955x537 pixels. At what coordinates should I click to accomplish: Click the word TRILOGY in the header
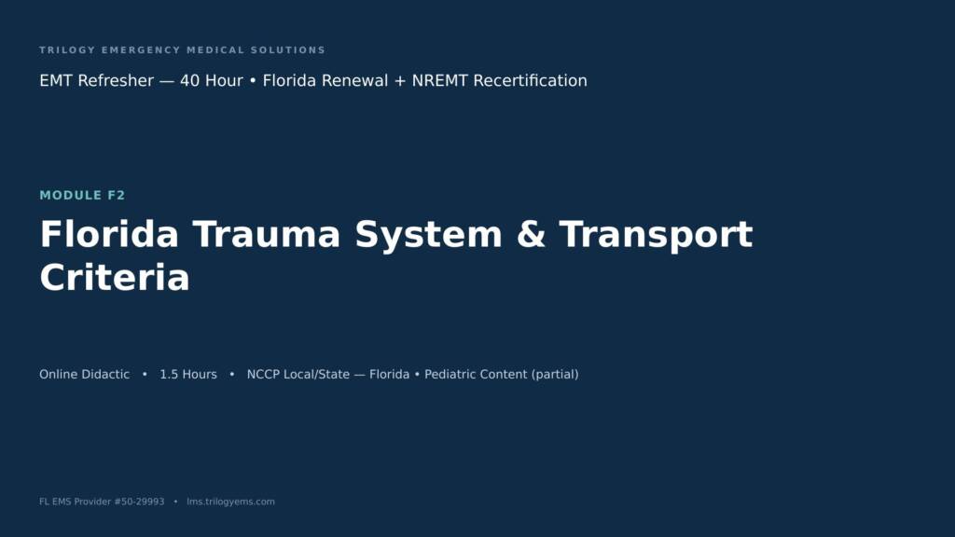(67, 50)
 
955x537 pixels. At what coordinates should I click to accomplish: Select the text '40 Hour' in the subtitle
(212, 80)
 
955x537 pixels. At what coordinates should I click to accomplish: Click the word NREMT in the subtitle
(440, 80)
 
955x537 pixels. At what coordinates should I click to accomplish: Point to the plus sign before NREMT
(399, 81)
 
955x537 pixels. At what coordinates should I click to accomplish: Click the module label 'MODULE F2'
(82, 196)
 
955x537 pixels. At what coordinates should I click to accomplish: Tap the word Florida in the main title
(110, 234)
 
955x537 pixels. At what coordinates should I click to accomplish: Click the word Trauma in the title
(267, 234)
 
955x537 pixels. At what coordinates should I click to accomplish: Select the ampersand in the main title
(531, 234)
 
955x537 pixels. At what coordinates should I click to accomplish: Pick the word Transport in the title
(656, 236)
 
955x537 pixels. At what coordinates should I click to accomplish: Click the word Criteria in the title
(115, 278)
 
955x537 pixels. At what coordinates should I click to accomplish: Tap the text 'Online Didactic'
(85, 375)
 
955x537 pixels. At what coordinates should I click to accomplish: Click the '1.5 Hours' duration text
(188, 375)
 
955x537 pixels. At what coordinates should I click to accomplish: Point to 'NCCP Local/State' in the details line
(298, 375)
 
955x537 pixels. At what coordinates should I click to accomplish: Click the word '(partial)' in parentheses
(555, 375)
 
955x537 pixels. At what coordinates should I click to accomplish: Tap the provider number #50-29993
(139, 502)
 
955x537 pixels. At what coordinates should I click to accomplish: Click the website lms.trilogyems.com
(231, 502)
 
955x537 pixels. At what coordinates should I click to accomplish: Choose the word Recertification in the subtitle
(530, 80)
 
